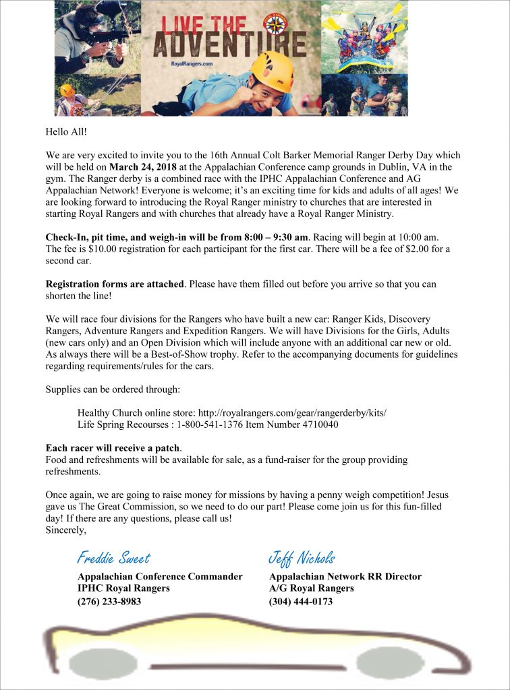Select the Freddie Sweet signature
(113, 558)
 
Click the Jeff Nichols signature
(302, 558)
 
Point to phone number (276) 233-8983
(109, 602)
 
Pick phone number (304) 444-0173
(301, 602)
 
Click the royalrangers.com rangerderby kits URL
(293, 412)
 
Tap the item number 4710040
(316, 425)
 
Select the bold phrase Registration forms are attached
(115, 284)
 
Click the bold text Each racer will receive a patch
(113, 448)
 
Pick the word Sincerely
(66, 530)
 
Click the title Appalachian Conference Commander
(160, 577)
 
